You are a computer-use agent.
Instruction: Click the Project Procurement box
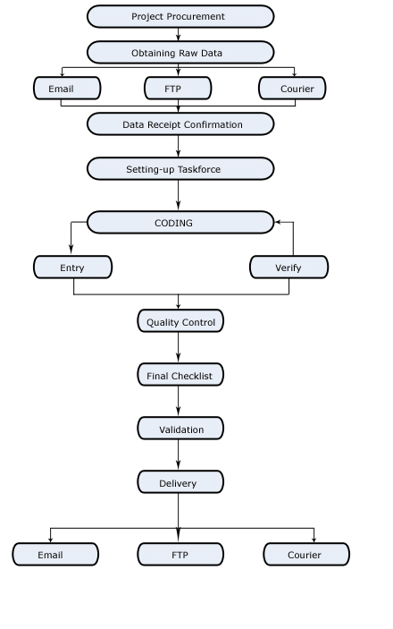click(180, 16)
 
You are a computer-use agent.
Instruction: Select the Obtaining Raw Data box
click(180, 52)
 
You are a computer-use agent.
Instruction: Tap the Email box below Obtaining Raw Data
click(67, 89)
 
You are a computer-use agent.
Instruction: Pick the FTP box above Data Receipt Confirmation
click(178, 89)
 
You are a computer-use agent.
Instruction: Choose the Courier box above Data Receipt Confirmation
click(292, 89)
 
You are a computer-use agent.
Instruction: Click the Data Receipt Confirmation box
click(180, 124)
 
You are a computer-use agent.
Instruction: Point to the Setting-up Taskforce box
click(180, 168)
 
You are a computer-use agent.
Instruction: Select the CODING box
click(180, 222)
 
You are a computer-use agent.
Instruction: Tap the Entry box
click(72, 268)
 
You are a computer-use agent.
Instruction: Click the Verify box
click(288, 268)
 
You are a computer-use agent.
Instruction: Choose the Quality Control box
click(180, 321)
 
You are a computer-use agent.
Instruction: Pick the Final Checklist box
click(180, 375)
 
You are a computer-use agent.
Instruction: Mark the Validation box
click(180, 429)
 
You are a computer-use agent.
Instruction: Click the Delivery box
click(180, 481)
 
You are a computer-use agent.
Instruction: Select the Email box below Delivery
click(55, 555)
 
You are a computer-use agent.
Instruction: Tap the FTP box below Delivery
click(180, 555)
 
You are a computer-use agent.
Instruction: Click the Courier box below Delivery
click(306, 555)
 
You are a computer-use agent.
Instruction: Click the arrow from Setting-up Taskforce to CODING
click(179, 195)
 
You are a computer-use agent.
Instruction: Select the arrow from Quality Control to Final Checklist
click(179, 347)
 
